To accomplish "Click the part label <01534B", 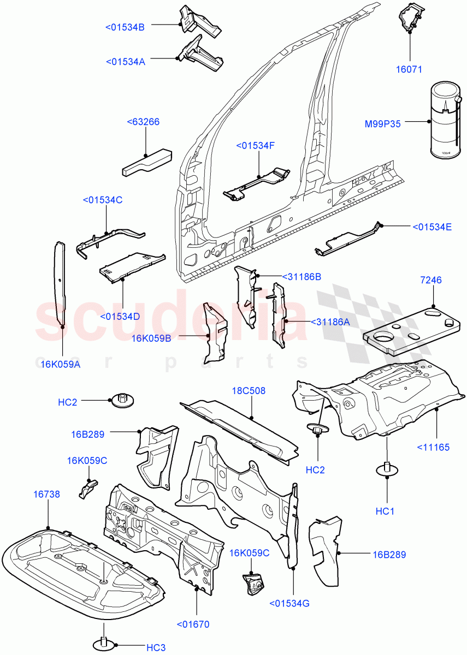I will (x=125, y=27).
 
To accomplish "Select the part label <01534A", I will (x=125, y=62).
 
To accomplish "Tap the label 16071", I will (x=409, y=69).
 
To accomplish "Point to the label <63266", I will (x=143, y=122).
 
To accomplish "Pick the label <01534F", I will (x=255, y=145).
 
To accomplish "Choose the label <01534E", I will (x=431, y=227).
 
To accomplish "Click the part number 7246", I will (x=431, y=280).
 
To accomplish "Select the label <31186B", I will (x=301, y=277).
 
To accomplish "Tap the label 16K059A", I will (x=60, y=364).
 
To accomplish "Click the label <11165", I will (x=433, y=447).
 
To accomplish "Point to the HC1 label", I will (x=385, y=511).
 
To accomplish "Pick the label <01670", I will (x=193, y=624).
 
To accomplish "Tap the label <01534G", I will (x=289, y=603).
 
